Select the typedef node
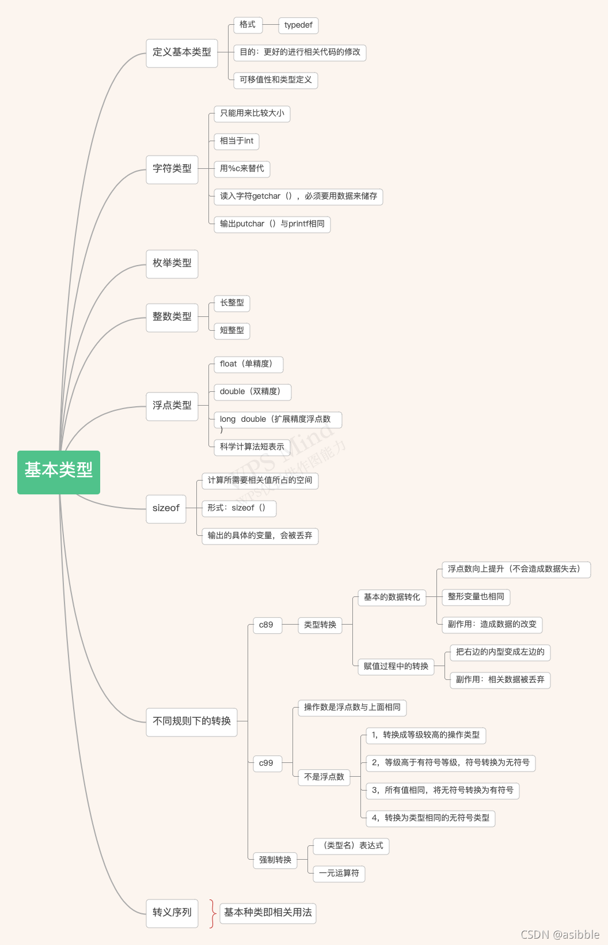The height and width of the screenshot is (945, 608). (x=298, y=25)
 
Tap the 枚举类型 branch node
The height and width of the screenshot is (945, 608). (x=172, y=264)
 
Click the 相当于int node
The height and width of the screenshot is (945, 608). (x=237, y=141)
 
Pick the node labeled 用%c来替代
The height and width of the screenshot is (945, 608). (x=242, y=169)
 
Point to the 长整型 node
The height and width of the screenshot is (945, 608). (x=232, y=303)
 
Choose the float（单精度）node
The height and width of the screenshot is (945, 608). (x=248, y=364)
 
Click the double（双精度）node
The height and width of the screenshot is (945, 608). (x=252, y=392)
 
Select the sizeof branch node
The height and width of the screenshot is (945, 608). (x=166, y=509)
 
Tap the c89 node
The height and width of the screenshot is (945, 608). (x=267, y=625)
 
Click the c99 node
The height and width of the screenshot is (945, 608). (x=267, y=763)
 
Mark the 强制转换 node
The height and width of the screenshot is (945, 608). (x=275, y=860)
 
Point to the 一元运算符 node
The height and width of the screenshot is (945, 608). (x=339, y=874)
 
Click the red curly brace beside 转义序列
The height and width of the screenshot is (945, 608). (x=212, y=913)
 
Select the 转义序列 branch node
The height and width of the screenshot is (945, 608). (x=172, y=913)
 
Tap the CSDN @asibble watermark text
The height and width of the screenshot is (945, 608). (x=560, y=935)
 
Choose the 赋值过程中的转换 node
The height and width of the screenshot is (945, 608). (x=396, y=667)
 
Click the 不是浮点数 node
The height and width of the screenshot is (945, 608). (x=324, y=777)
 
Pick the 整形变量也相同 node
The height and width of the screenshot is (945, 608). (x=476, y=597)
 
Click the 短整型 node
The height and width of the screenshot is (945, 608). (x=232, y=331)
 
